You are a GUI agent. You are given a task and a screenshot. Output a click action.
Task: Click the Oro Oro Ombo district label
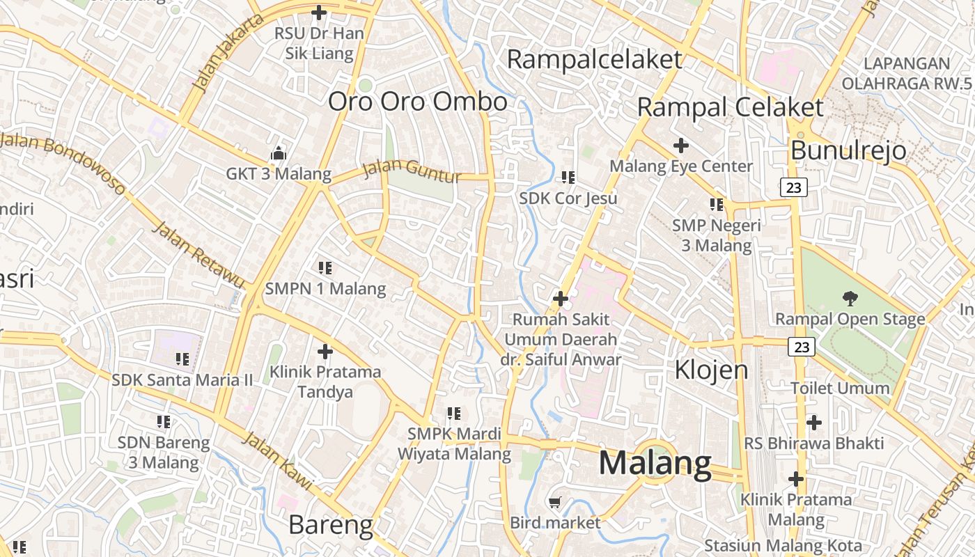tap(418, 102)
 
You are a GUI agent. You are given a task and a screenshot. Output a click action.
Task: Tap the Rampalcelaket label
tap(594, 59)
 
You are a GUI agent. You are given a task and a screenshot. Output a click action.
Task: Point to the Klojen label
tap(711, 370)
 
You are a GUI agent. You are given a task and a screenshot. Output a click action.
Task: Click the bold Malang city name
tap(655, 463)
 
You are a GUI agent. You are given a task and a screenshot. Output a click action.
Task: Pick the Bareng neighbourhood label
tap(331, 525)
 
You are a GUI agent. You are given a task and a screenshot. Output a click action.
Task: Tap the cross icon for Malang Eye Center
tap(681, 146)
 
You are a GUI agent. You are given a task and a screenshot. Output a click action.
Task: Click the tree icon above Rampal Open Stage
tap(850, 299)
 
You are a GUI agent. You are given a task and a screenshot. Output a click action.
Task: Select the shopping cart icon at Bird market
tap(555, 502)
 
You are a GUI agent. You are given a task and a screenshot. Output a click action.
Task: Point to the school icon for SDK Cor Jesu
tap(568, 178)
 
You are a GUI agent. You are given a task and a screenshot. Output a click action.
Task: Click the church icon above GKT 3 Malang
tap(278, 153)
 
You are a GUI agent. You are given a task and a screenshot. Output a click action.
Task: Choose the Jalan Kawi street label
tap(277, 460)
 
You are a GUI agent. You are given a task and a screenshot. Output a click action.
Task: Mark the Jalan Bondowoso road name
tap(63, 161)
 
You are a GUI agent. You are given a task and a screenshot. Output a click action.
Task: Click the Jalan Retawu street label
tap(198, 254)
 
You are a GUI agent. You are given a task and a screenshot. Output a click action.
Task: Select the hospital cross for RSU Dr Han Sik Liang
tap(319, 13)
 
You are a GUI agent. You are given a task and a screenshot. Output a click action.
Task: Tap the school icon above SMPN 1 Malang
tap(325, 267)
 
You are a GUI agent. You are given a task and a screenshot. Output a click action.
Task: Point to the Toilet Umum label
tap(840, 388)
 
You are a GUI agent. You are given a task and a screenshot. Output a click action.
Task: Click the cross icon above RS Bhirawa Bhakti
tap(813, 423)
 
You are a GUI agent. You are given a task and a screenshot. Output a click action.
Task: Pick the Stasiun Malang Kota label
tap(783, 545)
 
